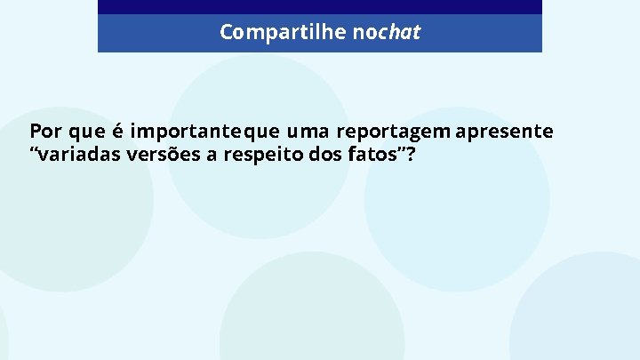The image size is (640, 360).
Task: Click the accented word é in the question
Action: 117,132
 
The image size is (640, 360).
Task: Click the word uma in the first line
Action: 307,132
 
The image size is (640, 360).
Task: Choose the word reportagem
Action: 393,132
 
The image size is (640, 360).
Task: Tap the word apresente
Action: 504,132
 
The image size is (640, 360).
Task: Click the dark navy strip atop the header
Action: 319,7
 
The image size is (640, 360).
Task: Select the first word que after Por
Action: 86,132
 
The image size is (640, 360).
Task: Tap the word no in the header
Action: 364,33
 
